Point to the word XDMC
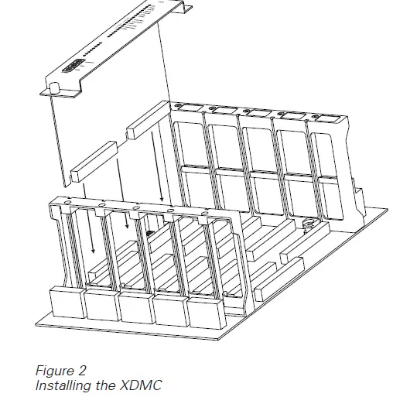(x=145, y=385)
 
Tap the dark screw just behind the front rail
(x=148, y=231)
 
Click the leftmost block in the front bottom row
(x=67, y=303)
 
